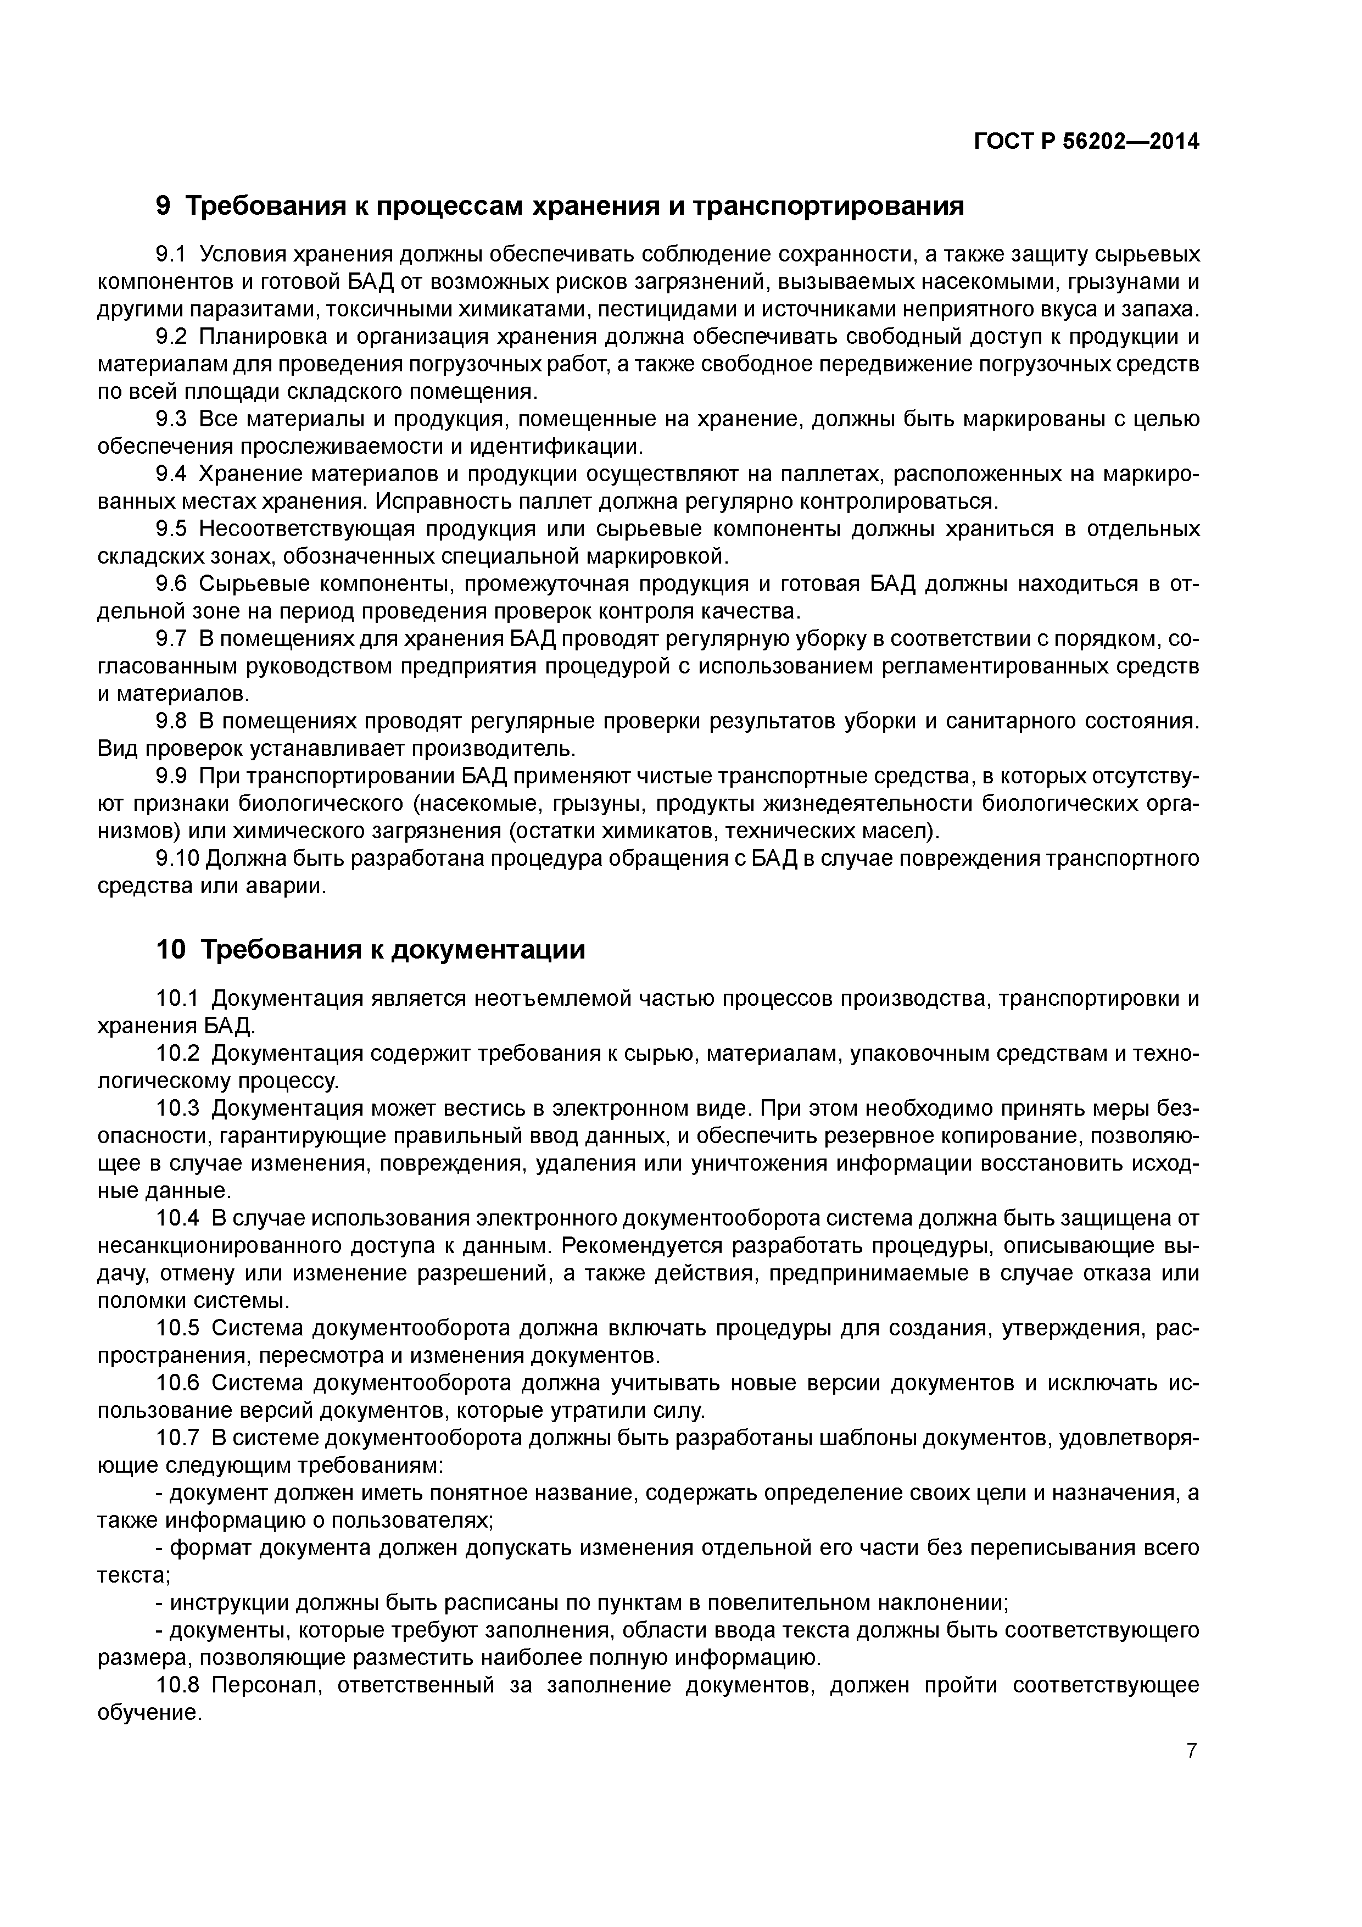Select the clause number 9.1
(174, 254)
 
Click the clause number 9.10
(178, 859)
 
